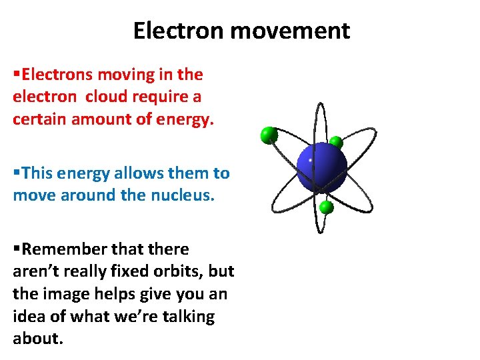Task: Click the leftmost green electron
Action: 269,135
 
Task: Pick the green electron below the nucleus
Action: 326,207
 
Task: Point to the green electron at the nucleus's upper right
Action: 337,142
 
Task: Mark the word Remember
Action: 59,249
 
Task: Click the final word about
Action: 37,338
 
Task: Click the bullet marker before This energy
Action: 17,173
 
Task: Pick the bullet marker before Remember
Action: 17,249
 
